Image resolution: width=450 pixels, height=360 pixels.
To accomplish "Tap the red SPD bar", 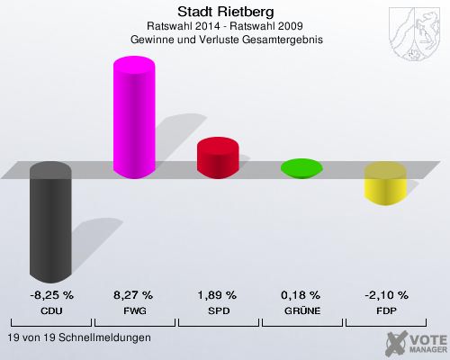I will [217, 157].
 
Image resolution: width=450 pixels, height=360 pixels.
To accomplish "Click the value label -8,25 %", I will [50, 295].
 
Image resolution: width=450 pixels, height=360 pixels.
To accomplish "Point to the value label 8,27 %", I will [133, 295].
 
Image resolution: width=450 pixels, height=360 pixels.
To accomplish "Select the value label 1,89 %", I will [217, 295].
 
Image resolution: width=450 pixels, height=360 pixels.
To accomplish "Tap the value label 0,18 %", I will [301, 295].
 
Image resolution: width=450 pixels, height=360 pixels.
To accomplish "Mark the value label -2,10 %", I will [384, 295].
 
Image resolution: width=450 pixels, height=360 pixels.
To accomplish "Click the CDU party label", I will [50, 310].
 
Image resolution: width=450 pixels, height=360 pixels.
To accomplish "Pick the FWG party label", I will [133, 310].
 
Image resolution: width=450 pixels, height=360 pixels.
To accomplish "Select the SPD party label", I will [217, 310].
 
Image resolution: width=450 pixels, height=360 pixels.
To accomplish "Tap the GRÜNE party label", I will [301, 310].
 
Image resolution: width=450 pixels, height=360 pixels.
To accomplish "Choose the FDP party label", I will [384, 310].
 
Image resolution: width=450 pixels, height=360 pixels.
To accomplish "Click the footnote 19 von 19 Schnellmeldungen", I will [78, 337].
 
